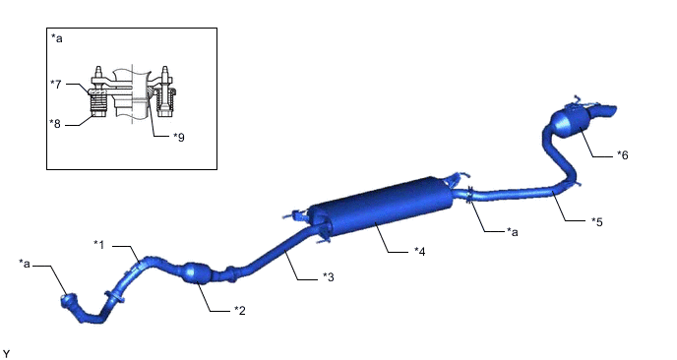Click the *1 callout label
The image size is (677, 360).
(98, 245)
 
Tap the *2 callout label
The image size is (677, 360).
(240, 311)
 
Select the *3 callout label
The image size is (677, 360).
(329, 277)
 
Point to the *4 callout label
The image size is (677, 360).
(419, 251)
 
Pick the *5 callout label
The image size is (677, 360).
(597, 221)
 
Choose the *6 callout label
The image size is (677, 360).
(623, 155)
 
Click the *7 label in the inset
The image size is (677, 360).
(56, 84)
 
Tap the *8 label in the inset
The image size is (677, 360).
(55, 124)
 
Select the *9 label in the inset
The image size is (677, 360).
(179, 137)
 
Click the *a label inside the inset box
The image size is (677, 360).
(56, 38)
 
